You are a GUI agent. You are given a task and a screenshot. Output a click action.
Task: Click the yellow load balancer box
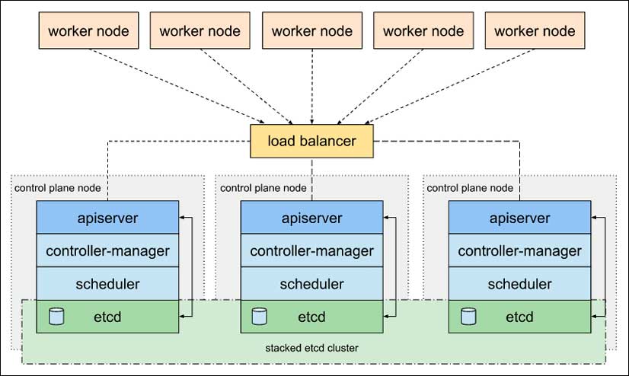point(311,141)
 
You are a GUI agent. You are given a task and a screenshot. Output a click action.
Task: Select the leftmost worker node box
point(88,30)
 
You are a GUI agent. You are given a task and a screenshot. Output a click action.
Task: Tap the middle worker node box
point(312,30)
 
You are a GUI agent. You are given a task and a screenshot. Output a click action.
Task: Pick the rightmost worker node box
point(535,30)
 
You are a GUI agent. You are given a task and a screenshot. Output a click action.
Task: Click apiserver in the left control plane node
point(107,217)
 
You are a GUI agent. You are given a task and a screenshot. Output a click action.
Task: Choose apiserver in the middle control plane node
point(311,217)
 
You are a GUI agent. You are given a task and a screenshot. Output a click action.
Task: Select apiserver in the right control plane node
point(519,217)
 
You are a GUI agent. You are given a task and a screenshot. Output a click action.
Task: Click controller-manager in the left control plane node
point(107,250)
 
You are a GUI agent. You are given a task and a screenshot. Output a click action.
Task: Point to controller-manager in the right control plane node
point(519,250)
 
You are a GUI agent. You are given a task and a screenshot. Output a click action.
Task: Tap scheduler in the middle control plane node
point(311,283)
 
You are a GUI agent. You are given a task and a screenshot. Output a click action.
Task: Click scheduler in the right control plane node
point(519,283)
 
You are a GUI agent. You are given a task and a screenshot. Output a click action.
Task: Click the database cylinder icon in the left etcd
point(56,317)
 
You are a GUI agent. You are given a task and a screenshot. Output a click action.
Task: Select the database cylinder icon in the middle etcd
point(259,317)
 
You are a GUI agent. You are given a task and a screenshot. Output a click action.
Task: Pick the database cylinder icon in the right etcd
point(468,317)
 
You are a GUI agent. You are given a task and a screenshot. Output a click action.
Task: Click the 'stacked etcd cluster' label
point(311,348)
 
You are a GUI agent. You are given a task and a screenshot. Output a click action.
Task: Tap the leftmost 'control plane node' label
point(58,188)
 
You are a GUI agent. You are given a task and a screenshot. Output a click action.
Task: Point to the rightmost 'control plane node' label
point(470,188)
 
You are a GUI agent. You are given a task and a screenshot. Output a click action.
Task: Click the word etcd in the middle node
point(311,317)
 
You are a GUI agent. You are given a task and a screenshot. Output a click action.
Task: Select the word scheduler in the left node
point(107,284)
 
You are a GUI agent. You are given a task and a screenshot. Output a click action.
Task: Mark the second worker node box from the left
point(200,30)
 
